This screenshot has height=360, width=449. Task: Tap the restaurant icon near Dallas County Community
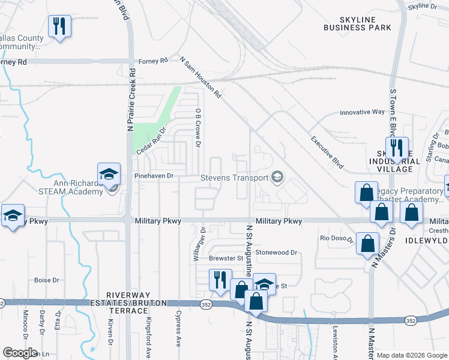(59, 26)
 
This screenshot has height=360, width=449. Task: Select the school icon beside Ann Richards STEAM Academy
(109, 175)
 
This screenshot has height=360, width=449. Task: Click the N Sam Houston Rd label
(201, 78)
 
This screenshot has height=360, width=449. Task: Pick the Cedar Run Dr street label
(151, 141)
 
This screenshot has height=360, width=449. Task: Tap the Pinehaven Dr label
(153, 176)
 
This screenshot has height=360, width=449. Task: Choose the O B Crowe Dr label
(197, 127)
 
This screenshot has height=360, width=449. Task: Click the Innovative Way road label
(362, 112)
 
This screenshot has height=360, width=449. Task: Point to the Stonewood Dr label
(277, 253)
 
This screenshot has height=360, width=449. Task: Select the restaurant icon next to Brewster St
(219, 280)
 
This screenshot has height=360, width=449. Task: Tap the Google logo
(20, 353)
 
